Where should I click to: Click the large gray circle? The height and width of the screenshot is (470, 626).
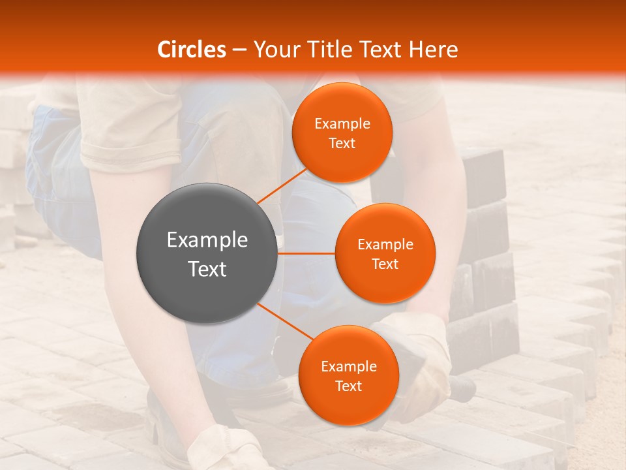pyautogui.click(x=207, y=253)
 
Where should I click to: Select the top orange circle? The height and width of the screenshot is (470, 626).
pyautogui.click(x=342, y=133)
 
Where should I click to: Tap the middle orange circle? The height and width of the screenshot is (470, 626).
pyautogui.click(x=385, y=253)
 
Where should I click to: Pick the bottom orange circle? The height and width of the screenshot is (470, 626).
pyautogui.click(x=348, y=375)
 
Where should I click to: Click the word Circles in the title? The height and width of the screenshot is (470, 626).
pyautogui.click(x=191, y=50)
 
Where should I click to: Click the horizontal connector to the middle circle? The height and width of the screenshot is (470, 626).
pyautogui.click(x=306, y=253)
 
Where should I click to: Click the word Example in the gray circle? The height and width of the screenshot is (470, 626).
pyautogui.click(x=207, y=240)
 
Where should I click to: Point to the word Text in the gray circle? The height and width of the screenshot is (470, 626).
pyautogui.click(x=207, y=268)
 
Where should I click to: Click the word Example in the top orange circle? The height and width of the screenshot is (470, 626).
pyautogui.click(x=342, y=123)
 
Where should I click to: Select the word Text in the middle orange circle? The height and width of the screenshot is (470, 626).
pyautogui.click(x=385, y=264)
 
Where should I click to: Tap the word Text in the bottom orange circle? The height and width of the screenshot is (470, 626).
pyautogui.click(x=348, y=386)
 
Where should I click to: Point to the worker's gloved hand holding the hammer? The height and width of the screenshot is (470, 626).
pyautogui.click(x=417, y=366)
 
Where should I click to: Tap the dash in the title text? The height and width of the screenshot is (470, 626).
pyautogui.click(x=239, y=50)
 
